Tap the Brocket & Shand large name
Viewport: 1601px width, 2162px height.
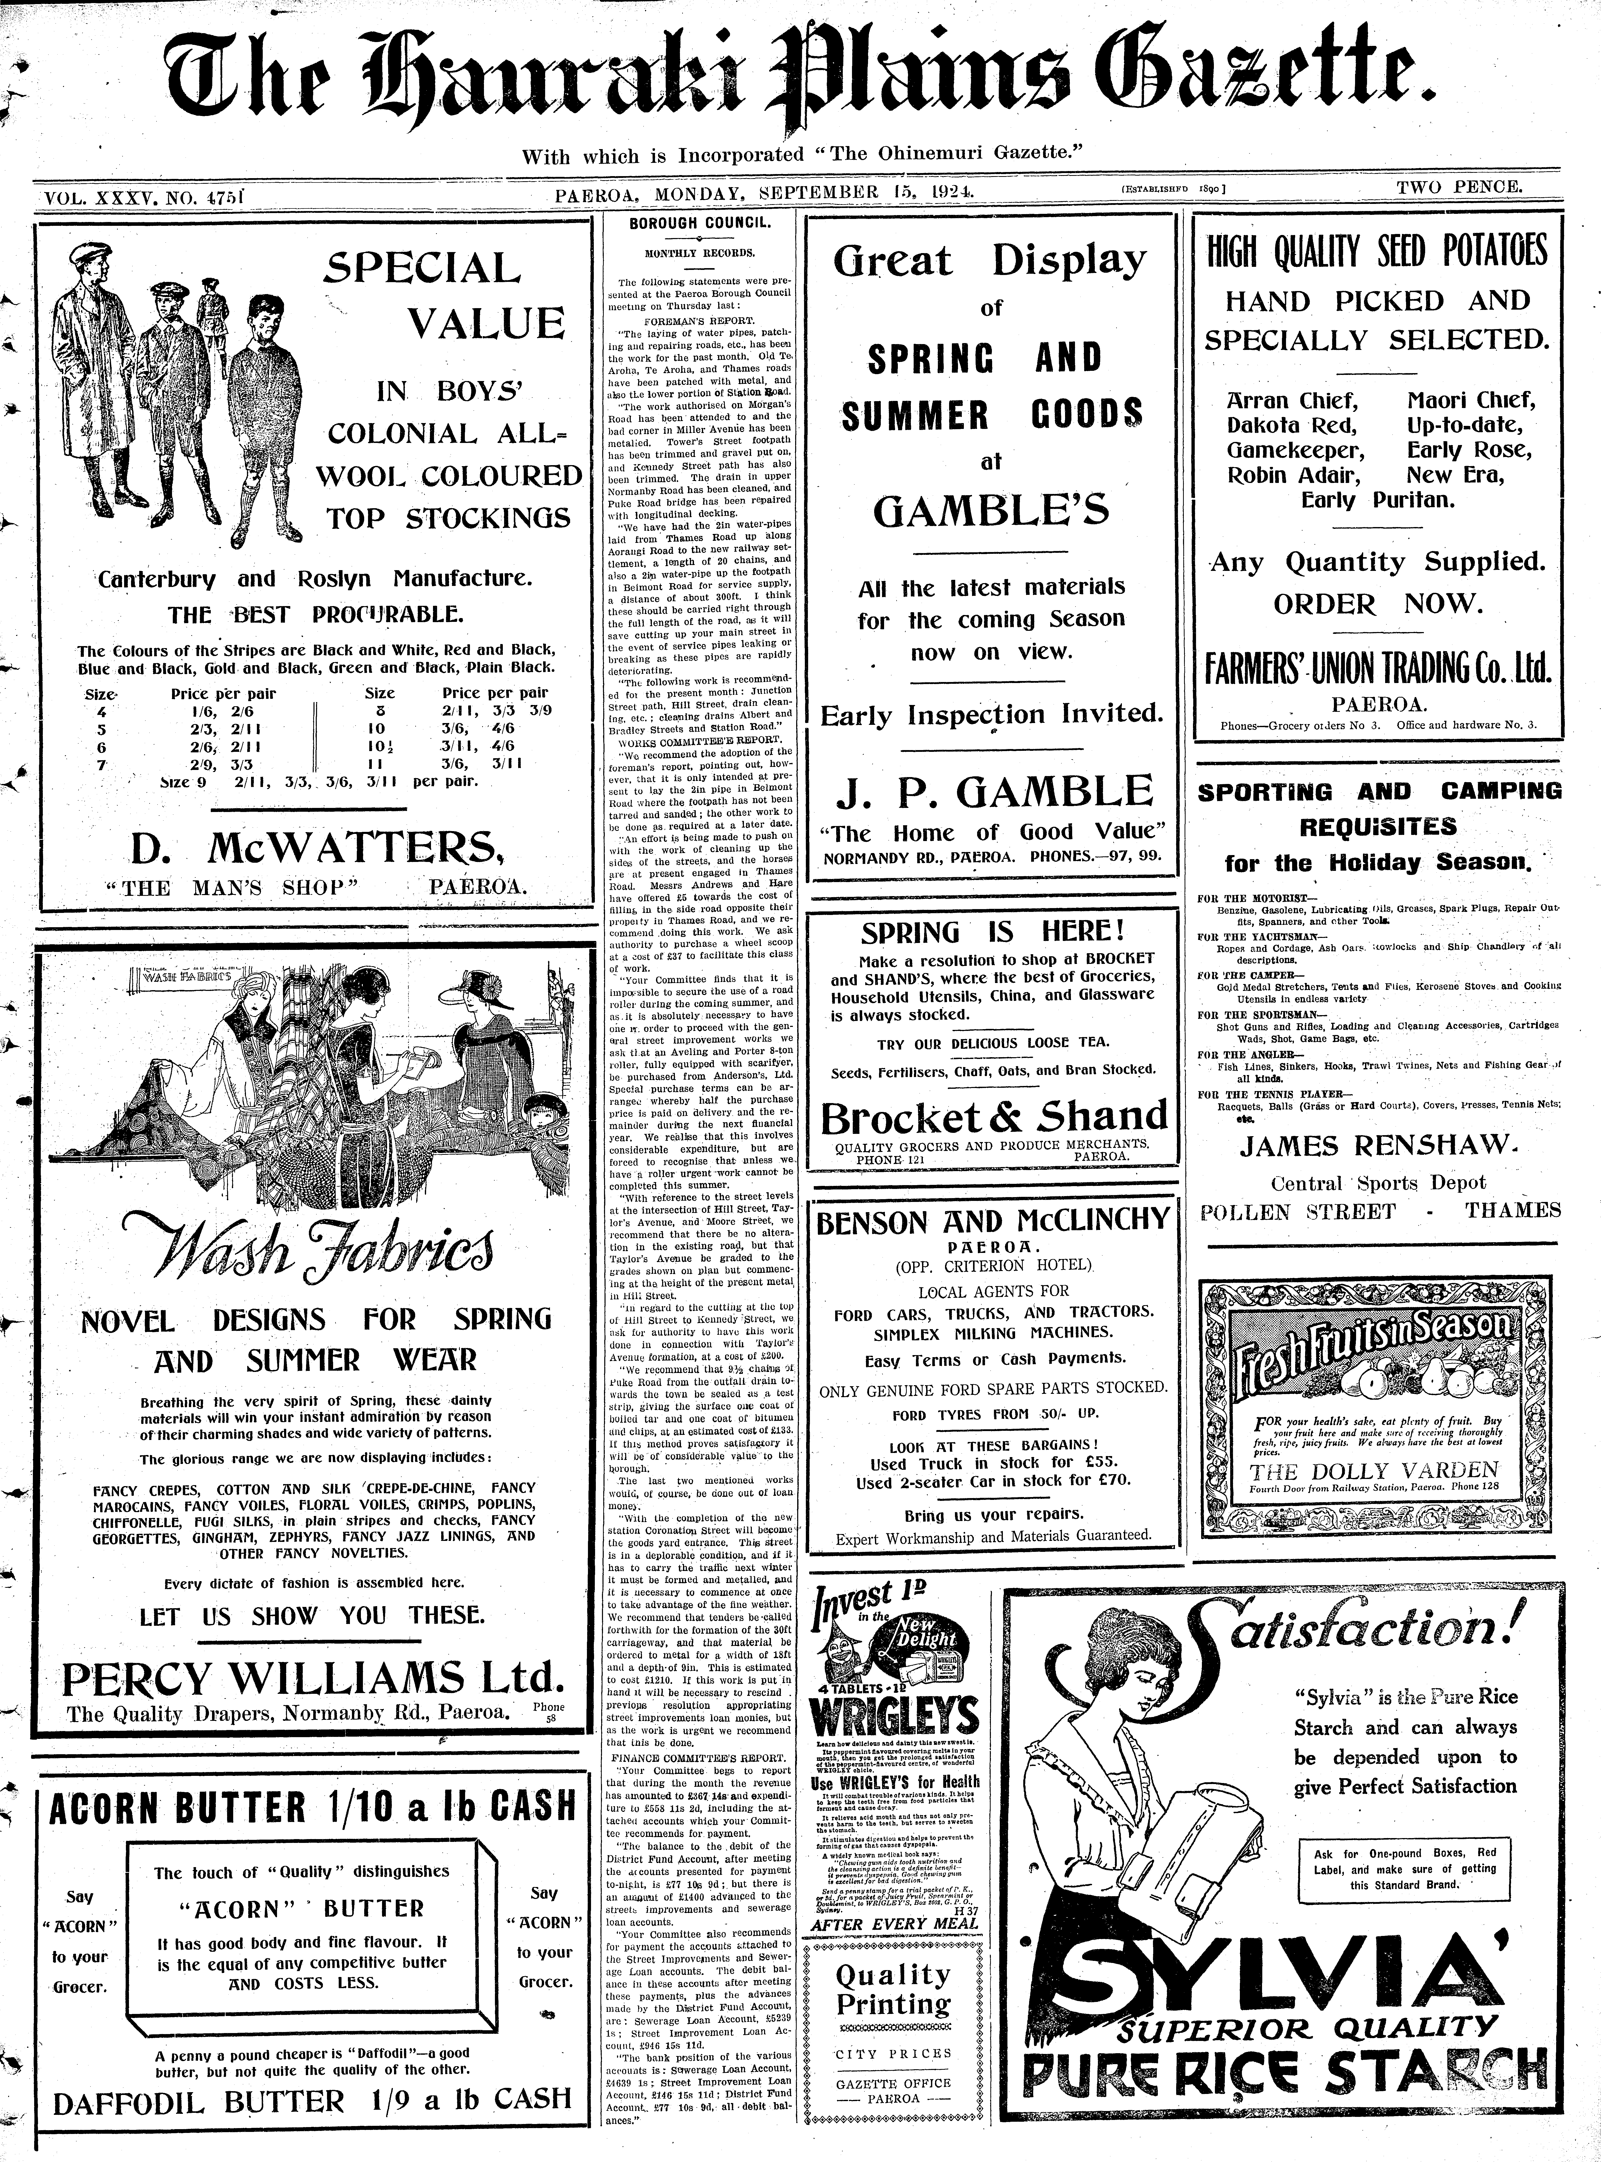point(994,1117)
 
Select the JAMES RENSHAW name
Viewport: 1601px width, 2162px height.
point(1377,1146)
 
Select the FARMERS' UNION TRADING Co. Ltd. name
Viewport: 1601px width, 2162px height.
point(1377,668)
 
